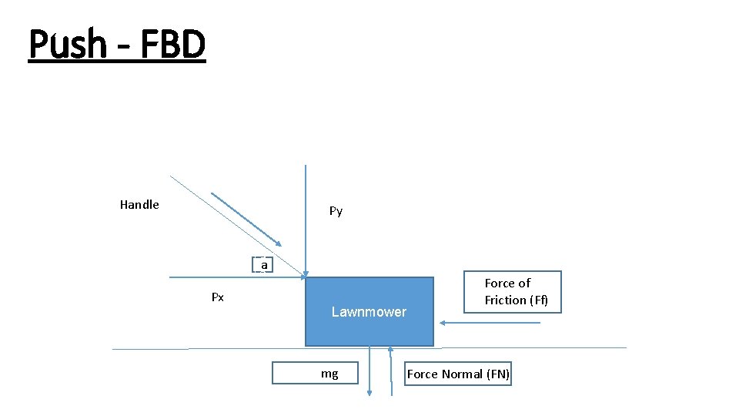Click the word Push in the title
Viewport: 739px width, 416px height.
click(x=67, y=44)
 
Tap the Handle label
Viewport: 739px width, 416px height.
click(x=139, y=205)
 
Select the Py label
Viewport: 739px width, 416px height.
click(x=336, y=211)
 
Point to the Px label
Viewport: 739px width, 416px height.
click(x=218, y=297)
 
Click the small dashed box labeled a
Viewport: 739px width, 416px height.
click(x=264, y=265)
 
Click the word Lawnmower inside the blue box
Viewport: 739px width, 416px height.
click(x=369, y=312)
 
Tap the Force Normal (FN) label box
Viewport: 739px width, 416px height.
click(x=457, y=374)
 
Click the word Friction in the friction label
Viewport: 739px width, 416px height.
click(x=505, y=300)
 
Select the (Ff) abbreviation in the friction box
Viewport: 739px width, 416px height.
click(x=537, y=300)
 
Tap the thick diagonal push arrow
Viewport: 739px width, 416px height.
click(x=246, y=218)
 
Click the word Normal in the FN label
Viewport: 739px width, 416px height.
click(x=459, y=374)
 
